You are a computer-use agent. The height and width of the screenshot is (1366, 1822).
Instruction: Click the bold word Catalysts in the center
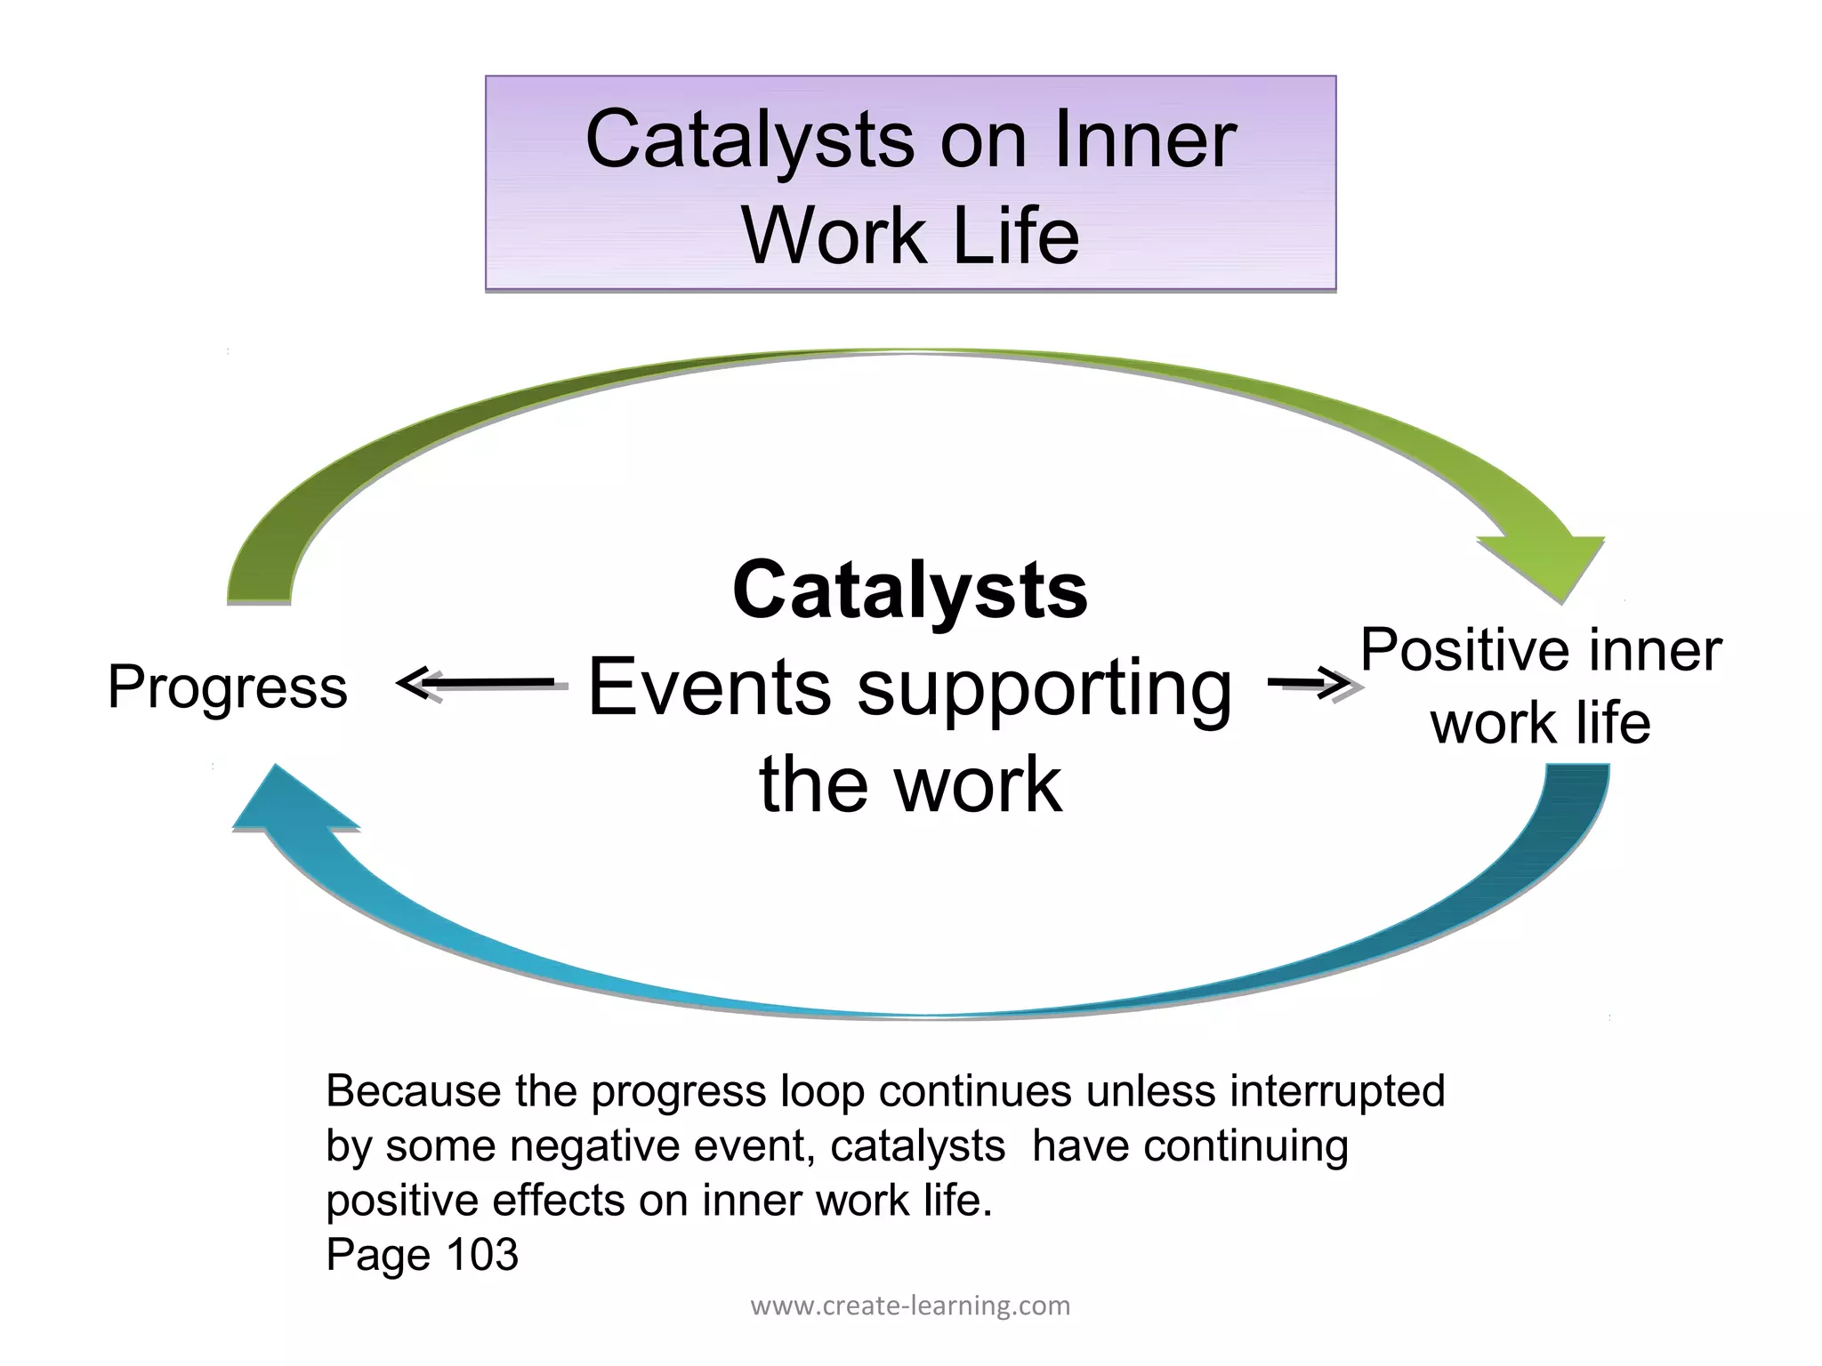point(909,591)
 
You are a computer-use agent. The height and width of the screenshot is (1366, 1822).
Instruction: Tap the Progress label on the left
point(228,687)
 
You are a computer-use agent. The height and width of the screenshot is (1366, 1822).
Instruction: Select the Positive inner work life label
point(1541,686)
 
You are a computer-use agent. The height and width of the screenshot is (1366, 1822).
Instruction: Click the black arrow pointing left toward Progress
point(480,684)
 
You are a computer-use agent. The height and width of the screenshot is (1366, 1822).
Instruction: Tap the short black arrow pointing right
point(1310,684)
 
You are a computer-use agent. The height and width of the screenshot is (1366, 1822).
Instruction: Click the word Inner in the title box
point(1144,140)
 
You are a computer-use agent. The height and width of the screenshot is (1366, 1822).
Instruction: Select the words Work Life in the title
point(910,236)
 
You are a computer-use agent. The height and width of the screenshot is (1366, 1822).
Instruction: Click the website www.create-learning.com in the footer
point(910,1306)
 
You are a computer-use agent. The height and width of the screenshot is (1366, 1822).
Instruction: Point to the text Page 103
point(422,1254)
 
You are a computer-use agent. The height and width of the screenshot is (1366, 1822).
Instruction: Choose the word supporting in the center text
point(1044,689)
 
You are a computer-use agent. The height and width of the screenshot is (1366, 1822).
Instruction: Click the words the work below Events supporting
point(910,783)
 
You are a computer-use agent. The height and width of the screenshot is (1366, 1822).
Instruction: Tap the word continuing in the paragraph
point(1246,1145)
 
